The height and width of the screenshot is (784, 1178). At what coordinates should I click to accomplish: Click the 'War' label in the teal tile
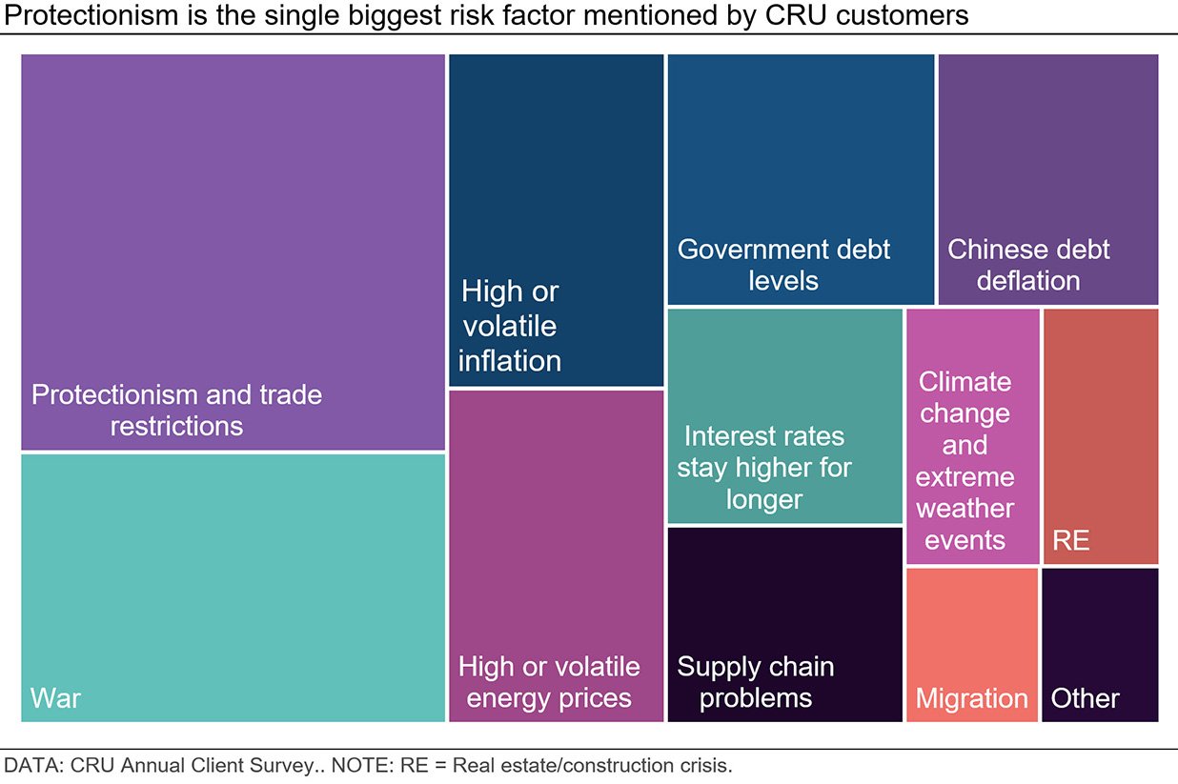click(55, 697)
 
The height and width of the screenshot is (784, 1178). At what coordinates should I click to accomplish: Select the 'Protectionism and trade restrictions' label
click(176, 410)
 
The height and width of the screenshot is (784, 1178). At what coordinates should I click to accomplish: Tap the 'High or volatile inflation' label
click(510, 326)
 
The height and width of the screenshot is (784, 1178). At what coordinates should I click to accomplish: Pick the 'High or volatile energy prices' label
click(549, 682)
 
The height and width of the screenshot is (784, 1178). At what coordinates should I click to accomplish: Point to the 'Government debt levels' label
click(783, 265)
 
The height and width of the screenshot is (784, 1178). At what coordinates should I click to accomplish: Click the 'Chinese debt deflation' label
click(1028, 265)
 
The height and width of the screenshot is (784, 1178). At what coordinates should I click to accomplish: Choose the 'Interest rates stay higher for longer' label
click(764, 468)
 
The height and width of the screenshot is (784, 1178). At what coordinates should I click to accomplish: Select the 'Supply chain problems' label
click(756, 682)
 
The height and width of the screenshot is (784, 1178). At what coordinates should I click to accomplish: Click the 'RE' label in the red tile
click(1070, 541)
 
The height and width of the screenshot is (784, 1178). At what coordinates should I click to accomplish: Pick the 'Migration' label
click(971, 698)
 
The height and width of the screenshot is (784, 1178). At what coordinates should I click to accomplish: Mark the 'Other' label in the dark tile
click(1085, 698)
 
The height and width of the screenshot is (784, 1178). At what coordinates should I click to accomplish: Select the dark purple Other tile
click(1100, 629)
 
